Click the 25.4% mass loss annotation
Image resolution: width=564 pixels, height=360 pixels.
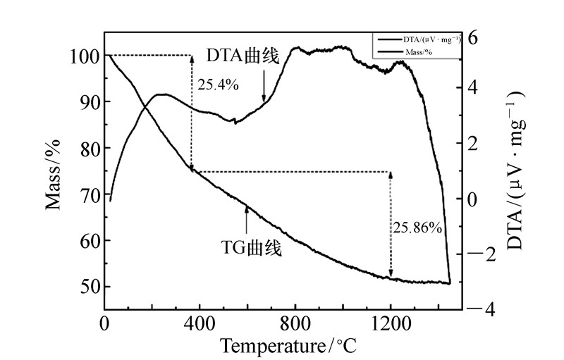tap(218, 85)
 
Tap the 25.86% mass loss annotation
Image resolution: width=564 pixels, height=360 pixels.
tap(418, 228)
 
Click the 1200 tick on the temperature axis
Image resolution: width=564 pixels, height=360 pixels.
tap(390, 324)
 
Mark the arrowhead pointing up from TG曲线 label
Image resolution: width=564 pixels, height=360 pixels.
tap(246, 207)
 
